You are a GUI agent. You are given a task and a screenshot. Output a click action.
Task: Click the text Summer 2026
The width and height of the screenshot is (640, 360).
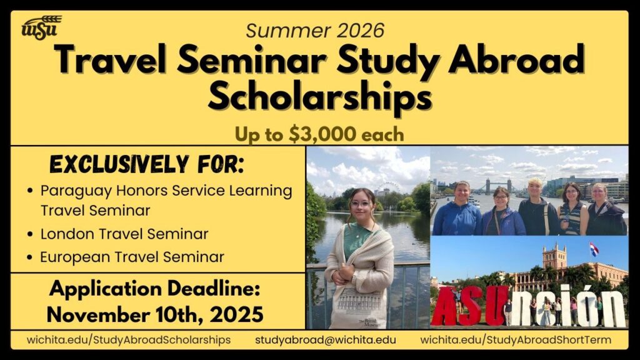[315, 29]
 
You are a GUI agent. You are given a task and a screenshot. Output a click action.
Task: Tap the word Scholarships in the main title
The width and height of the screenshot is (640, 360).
[319, 98]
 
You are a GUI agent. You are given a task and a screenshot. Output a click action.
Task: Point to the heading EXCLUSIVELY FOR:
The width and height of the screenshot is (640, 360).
[146, 166]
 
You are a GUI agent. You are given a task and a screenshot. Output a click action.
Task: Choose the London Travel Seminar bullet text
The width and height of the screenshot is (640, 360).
[124, 234]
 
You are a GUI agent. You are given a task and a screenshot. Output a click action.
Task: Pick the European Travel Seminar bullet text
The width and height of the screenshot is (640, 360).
[132, 256]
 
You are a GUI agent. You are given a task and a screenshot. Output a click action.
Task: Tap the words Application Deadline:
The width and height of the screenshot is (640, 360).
[154, 290]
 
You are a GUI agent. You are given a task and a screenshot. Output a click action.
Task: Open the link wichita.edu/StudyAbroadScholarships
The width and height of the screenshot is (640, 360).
[129, 340]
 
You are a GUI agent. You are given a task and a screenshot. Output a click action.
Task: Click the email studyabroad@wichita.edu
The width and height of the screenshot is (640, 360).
[325, 340]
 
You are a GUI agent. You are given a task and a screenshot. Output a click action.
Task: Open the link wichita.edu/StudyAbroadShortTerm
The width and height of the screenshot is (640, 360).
[516, 340]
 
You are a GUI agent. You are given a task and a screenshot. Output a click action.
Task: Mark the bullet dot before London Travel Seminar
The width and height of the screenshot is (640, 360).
[30, 234]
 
